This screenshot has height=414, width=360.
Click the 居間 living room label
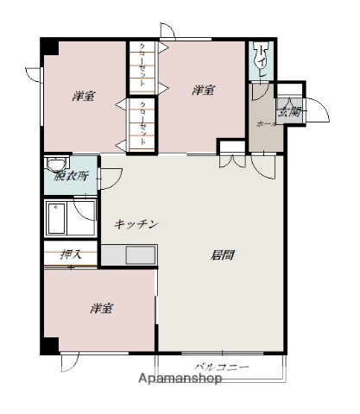click(x=224, y=254)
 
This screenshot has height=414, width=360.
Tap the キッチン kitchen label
click(x=136, y=224)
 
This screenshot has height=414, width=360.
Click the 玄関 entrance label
click(x=289, y=110)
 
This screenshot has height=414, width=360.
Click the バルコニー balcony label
click(x=220, y=367)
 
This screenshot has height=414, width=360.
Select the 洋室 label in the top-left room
click(x=83, y=97)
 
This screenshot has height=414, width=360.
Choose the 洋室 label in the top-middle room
click(x=204, y=90)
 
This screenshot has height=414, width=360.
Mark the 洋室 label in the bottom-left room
click(x=101, y=308)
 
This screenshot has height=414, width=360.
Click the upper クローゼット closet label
click(x=143, y=66)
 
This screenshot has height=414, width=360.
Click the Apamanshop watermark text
click(x=180, y=378)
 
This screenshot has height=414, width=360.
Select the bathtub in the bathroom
click(x=60, y=219)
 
